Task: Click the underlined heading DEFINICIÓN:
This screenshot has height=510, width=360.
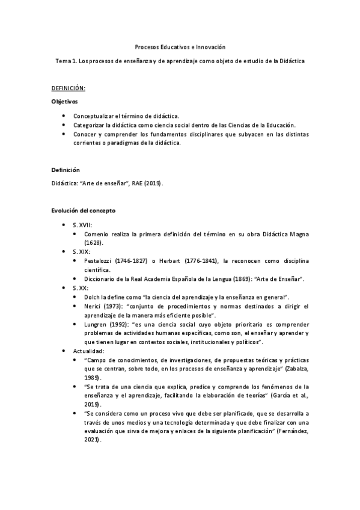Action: click(x=69, y=88)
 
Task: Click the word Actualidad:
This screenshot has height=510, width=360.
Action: click(x=89, y=351)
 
